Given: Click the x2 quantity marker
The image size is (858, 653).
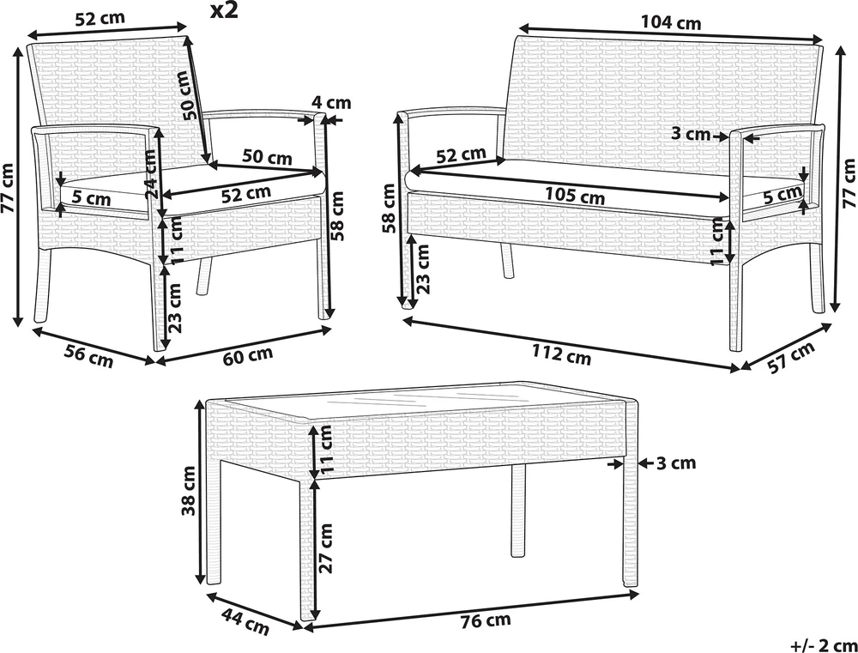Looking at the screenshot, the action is click(224, 11).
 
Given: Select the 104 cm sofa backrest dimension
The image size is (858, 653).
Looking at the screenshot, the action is click(671, 23).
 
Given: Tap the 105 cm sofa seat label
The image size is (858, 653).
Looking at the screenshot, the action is click(575, 196).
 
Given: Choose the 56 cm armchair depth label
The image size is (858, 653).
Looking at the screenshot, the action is click(88, 357).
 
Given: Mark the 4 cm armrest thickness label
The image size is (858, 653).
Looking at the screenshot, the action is click(331, 102).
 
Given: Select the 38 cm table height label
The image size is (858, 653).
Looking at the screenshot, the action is click(189, 491).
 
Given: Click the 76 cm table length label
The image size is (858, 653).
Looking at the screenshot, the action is click(485, 620).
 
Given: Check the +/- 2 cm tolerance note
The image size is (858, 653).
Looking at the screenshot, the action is click(824, 644).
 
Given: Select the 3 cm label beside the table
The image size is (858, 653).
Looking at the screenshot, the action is click(675, 463).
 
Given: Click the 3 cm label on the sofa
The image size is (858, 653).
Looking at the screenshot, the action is click(691, 134).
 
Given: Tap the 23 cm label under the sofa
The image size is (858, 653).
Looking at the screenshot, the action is click(422, 269).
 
